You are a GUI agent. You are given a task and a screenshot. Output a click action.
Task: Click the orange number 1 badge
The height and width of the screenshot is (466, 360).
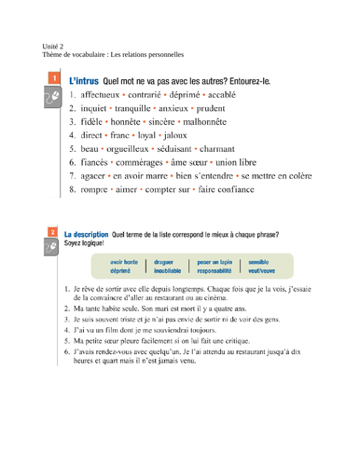(53, 82)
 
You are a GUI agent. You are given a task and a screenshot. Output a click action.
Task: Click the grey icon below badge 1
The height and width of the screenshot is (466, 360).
(53, 103)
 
